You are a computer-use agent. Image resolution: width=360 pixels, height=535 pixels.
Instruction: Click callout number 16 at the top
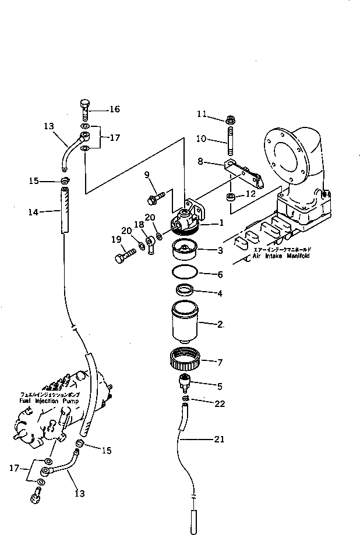point(114,109)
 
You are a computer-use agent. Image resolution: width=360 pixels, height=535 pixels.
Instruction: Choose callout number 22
point(219,403)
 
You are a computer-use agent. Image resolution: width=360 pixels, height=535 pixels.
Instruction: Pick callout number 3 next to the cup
point(219,250)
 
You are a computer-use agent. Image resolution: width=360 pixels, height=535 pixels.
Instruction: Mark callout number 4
point(219,293)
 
